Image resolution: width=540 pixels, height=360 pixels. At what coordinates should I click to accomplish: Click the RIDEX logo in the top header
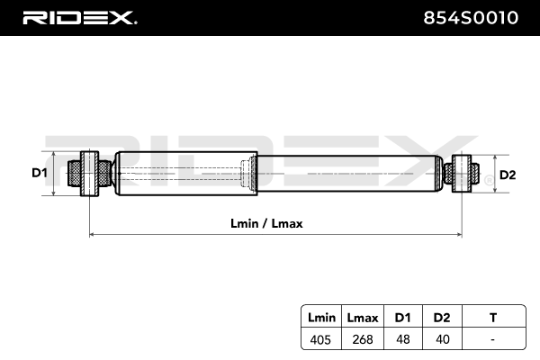coord(79,17)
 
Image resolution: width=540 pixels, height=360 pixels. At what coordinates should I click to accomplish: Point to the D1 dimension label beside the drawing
coord(39,173)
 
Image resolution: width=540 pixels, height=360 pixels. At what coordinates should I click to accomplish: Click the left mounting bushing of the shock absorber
coord(90,173)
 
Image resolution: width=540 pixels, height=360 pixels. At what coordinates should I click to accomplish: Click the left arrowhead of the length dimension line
coord(93,235)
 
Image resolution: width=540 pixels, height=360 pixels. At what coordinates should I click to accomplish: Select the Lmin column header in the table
coord(321,318)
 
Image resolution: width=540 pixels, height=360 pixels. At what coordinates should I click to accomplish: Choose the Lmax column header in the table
coord(362,318)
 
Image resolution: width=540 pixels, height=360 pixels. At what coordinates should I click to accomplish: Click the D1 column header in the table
coord(401,318)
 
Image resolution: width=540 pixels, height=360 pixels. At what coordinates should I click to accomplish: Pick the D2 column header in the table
coord(441,318)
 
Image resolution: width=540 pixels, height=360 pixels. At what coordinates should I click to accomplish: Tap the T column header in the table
coord(491,318)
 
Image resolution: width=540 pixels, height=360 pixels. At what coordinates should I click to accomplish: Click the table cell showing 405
coord(321,339)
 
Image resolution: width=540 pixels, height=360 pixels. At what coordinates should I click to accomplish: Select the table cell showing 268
coord(362,339)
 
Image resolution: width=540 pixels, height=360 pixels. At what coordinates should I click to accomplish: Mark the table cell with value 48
coord(401,339)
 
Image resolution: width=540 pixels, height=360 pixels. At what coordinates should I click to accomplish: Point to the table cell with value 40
coord(441,339)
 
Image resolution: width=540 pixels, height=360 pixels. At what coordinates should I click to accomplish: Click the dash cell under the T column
coord(491,339)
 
